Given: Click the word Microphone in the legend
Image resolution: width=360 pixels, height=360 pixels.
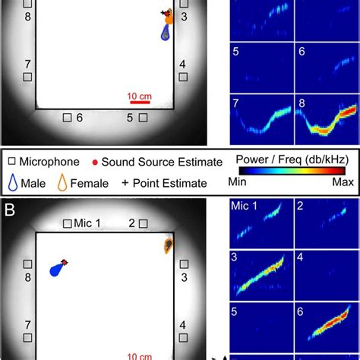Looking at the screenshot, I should coord(50,162).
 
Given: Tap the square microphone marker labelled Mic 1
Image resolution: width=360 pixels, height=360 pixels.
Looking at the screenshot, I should coord(68,223).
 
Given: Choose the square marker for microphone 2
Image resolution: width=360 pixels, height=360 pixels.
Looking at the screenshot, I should coord(147,223).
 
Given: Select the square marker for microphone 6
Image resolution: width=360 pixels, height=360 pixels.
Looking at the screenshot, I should coord(67,117).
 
